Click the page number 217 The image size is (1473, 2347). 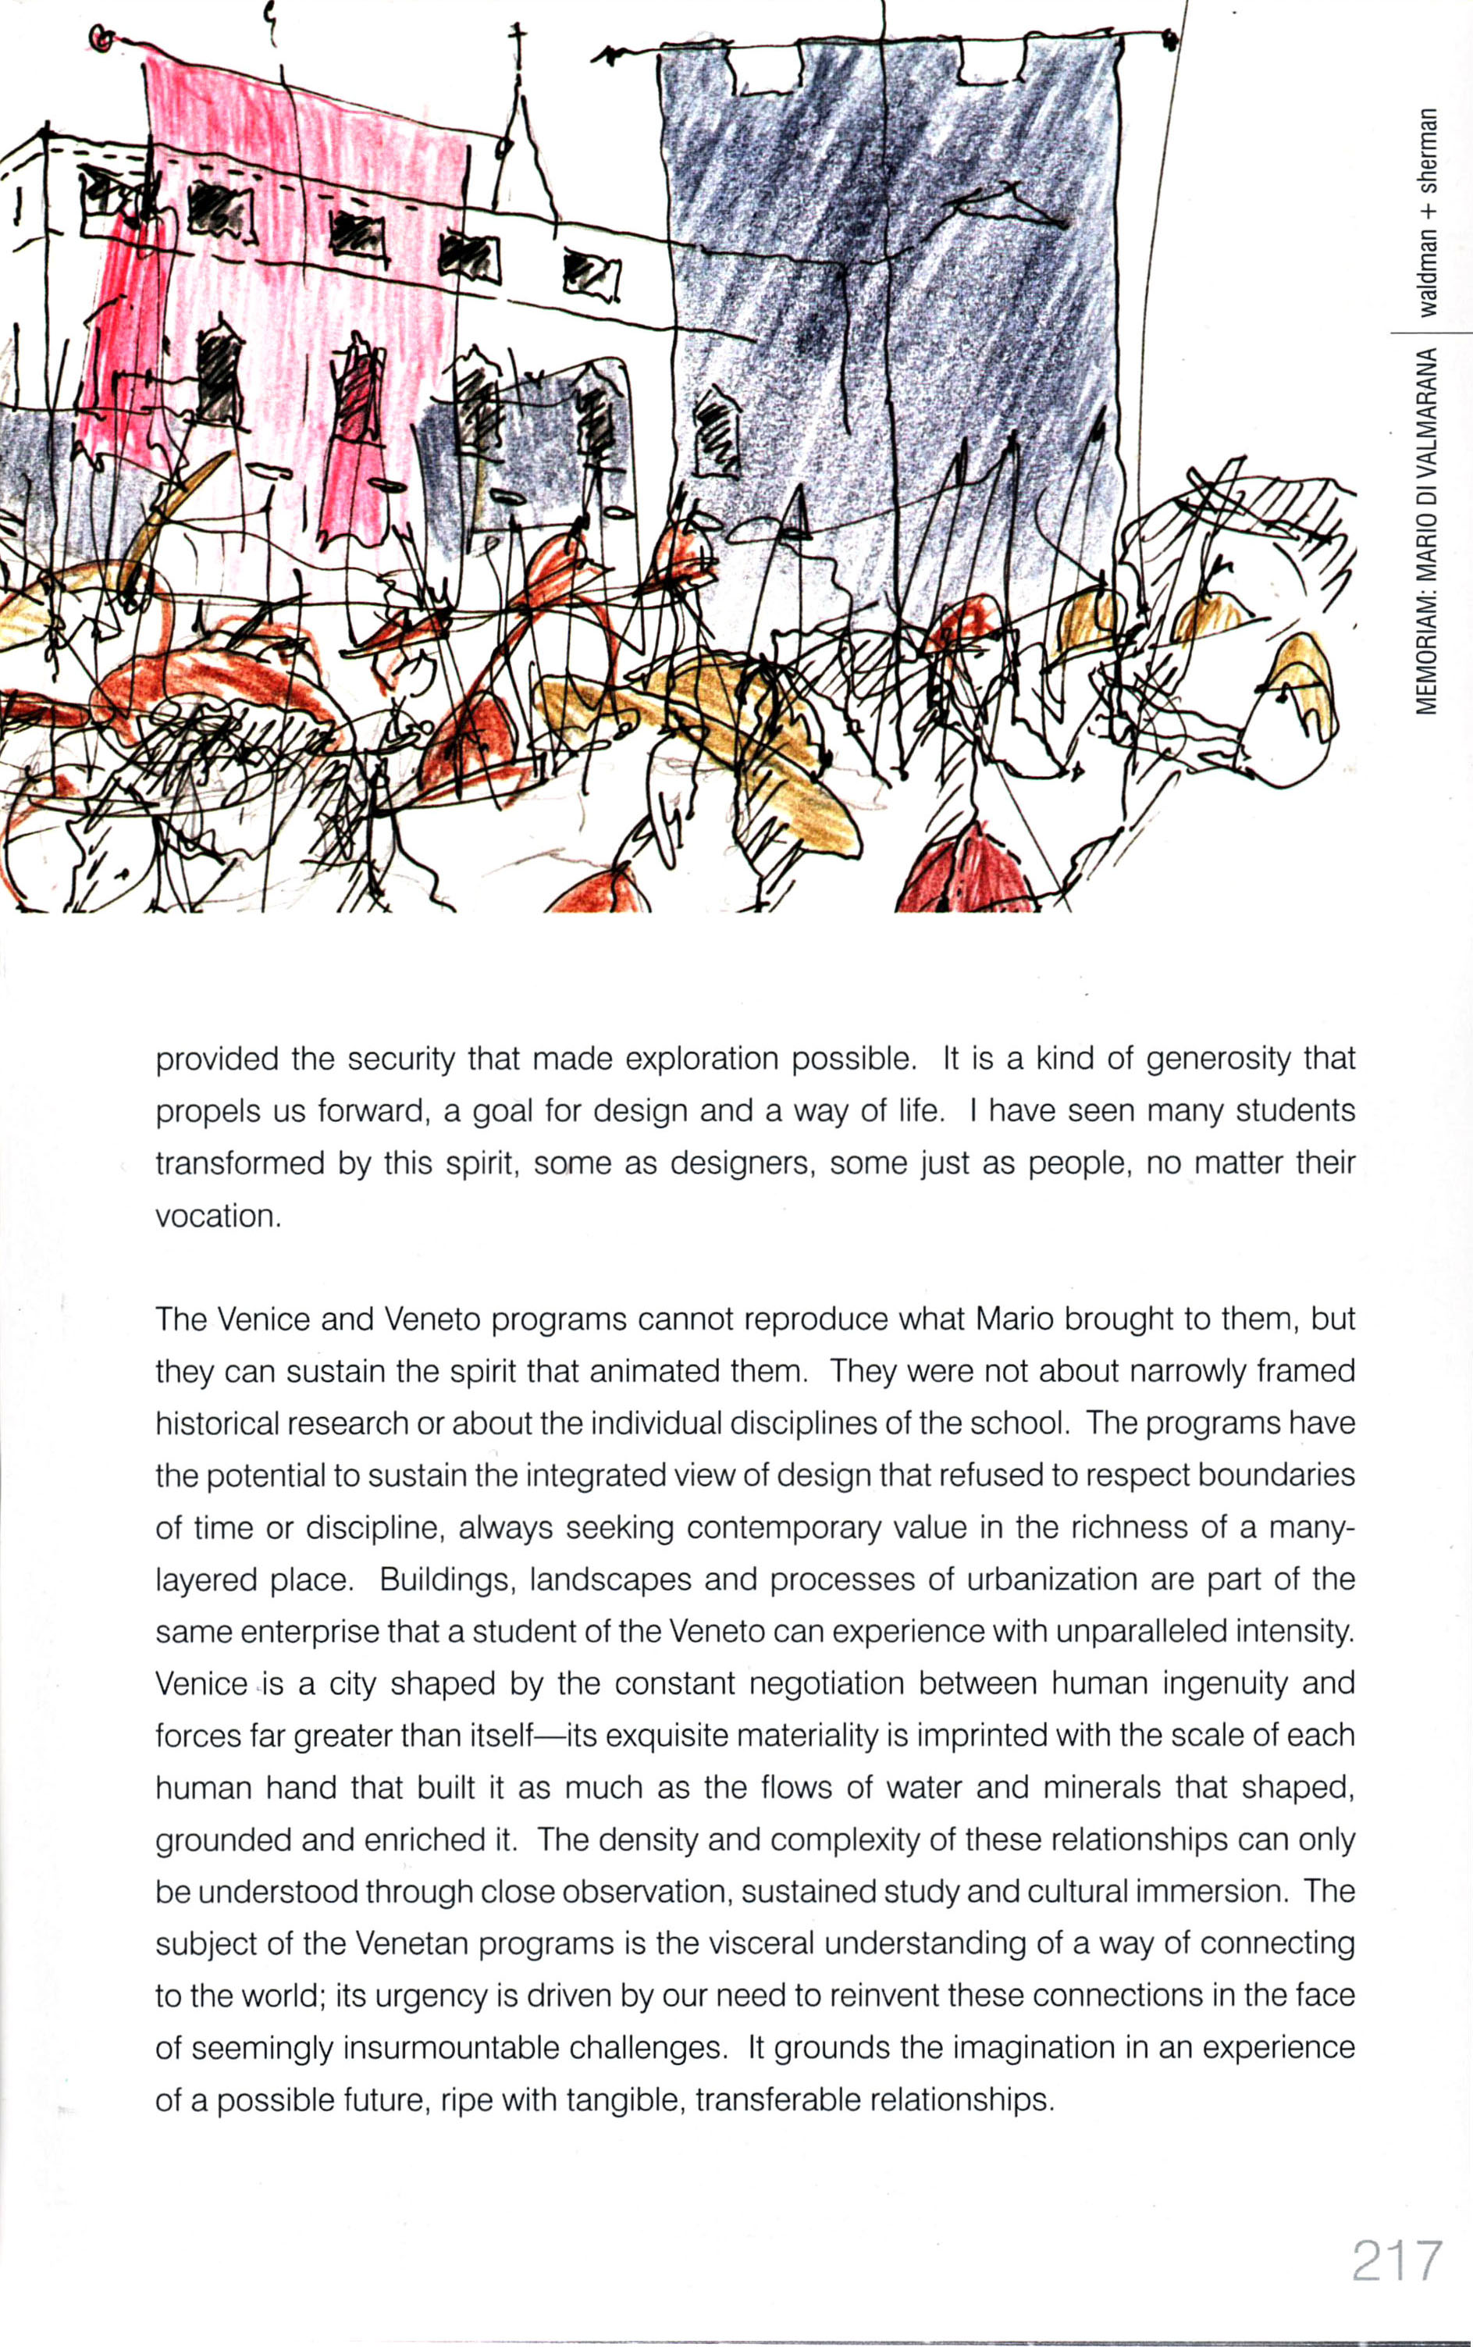pos(1395,2262)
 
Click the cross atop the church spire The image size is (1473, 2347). pos(518,39)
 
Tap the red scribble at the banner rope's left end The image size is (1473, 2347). pos(101,38)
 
